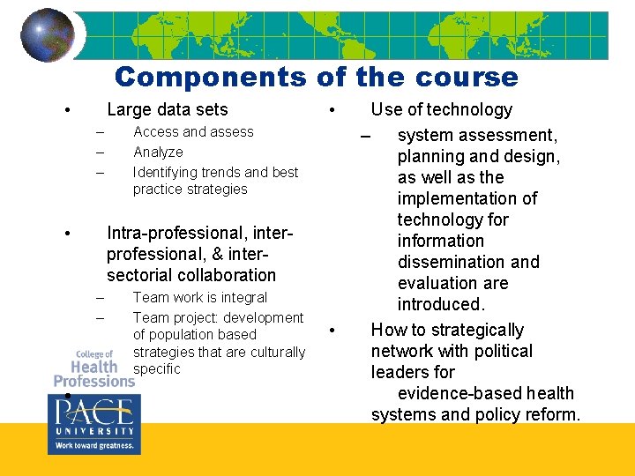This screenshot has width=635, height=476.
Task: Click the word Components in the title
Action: point(209,78)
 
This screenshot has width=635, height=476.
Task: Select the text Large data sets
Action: point(167,110)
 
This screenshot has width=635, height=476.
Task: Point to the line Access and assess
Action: point(193,132)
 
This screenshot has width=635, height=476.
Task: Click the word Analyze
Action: point(158,152)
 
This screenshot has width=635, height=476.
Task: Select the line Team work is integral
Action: point(199,298)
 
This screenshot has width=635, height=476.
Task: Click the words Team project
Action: point(171,318)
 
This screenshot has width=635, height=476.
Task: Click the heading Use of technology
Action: point(441,110)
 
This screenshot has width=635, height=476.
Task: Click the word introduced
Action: point(440,305)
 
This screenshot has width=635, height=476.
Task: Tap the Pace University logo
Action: point(92,424)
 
